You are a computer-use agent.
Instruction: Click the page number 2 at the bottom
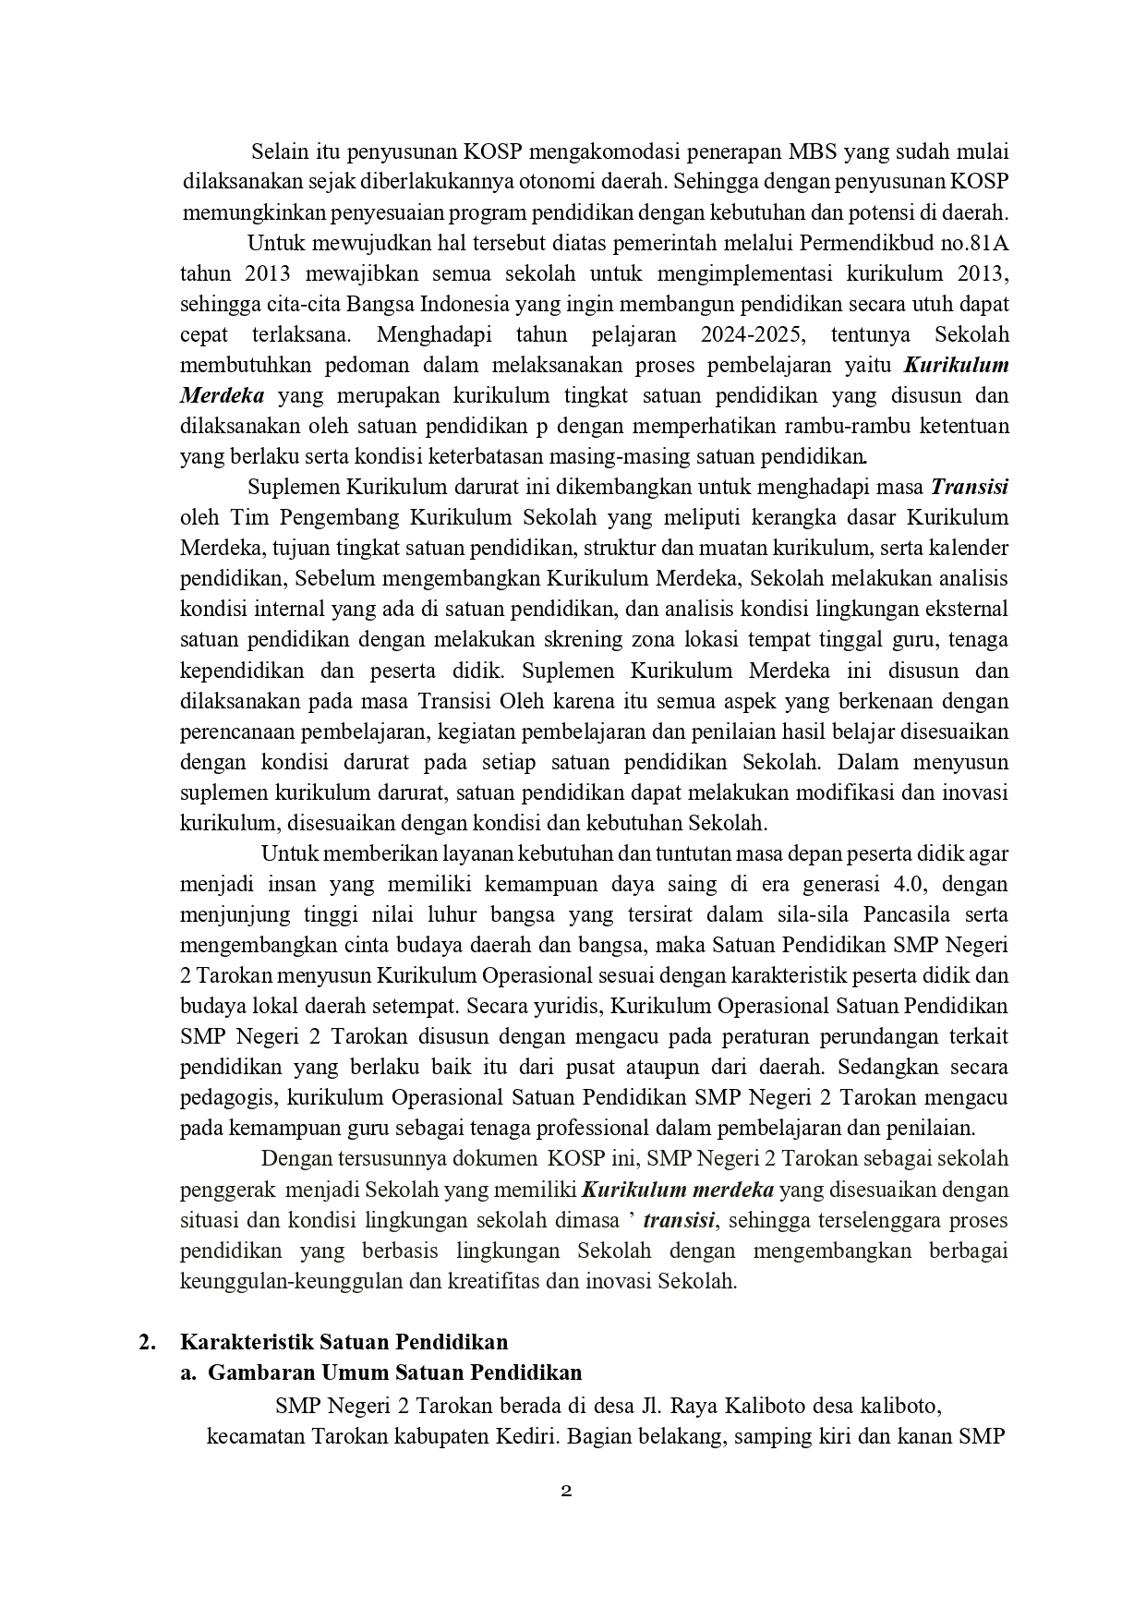click(x=567, y=1491)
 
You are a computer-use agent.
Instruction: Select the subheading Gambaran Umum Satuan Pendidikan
click(x=395, y=1372)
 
